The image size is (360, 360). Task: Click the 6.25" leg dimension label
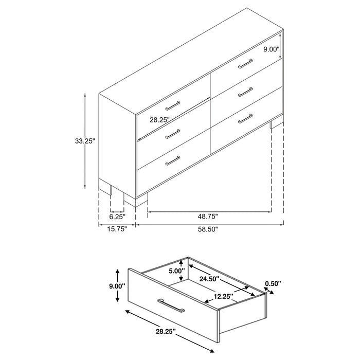tap(117, 218)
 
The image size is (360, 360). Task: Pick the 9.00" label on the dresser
tap(271, 49)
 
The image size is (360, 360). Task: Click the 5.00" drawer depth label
tap(176, 271)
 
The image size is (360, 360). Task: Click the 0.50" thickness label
tap(273, 283)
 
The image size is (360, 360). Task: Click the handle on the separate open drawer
tap(171, 304)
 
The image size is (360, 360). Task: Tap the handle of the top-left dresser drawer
tap(173, 106)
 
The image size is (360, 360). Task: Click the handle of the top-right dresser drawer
tap(245, 64)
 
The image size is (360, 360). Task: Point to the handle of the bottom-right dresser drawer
tap(246, 118)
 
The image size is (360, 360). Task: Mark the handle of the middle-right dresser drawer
tap(245, 92)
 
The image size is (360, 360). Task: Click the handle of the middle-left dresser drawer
tap(173, 133)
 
